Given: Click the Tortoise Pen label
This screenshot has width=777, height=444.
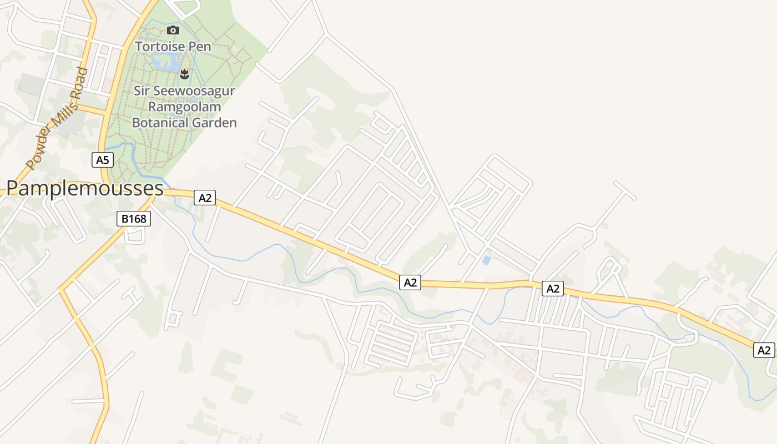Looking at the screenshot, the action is tap(173, 47).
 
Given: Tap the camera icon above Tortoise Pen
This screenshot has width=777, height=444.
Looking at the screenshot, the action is tap(173, 31).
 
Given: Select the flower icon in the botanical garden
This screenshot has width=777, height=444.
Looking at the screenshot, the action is tap(185, 73).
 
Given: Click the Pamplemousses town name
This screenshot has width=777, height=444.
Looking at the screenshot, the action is tap(85, 189).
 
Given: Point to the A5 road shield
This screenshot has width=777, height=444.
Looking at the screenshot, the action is tap(103, 160).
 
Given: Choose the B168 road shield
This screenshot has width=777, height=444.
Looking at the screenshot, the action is tap(134, 219).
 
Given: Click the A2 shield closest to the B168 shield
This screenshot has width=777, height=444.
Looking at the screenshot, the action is tap(205, 198).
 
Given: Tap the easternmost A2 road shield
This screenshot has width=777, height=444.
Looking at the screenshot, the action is tap(764, 350).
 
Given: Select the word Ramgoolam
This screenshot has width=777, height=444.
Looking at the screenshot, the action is tap(185, 107).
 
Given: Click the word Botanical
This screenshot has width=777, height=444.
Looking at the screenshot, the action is tap(157, 123).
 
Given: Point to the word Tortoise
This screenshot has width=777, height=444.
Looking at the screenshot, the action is tap(160, 47).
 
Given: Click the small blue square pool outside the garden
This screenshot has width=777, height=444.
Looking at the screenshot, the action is tap(486, 260).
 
